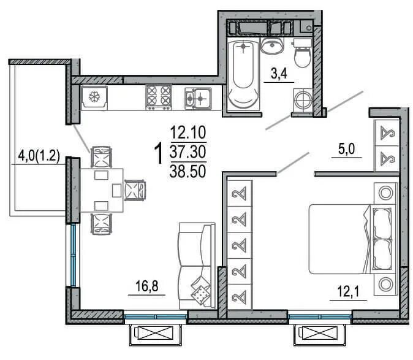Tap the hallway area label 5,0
346,149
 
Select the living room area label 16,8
146,286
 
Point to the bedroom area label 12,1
348,292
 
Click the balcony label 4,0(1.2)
39,156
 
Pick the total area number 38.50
188,171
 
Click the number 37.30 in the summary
188,152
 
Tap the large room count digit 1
159,153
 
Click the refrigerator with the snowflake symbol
94,97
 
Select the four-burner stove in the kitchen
159,98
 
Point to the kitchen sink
198,98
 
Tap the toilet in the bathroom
302,53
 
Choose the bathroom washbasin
272,45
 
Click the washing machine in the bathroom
303,100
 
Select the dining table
102,190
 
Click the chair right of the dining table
135,190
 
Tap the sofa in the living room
197,266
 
